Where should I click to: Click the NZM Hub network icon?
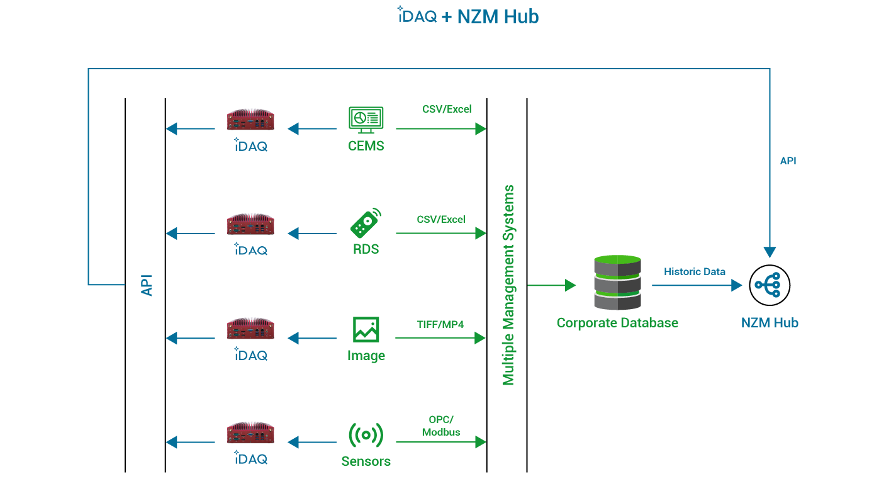[770, 285]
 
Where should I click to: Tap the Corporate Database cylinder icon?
[617, 283]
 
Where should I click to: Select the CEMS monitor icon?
[366, 119]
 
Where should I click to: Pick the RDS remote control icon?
[366, 223]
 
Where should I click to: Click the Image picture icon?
[366, 330]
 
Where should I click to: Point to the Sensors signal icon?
[366, 435]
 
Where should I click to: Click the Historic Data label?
[695, 272]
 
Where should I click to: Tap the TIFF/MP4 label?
[440, 325]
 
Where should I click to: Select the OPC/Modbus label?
[441, 426]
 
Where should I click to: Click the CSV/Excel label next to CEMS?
[447, 109]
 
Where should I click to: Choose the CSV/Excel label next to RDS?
[441, 220]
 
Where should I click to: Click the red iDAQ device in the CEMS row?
[251, 120]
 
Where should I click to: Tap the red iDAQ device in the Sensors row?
[251, 433]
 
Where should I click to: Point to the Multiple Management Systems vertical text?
[508, 285]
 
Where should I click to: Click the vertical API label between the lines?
[147, 285]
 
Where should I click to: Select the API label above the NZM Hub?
[788, 161]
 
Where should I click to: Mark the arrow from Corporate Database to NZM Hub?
[697, 285]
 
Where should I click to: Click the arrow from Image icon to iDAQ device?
[312, 339]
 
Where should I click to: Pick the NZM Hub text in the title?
[498, 17]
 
